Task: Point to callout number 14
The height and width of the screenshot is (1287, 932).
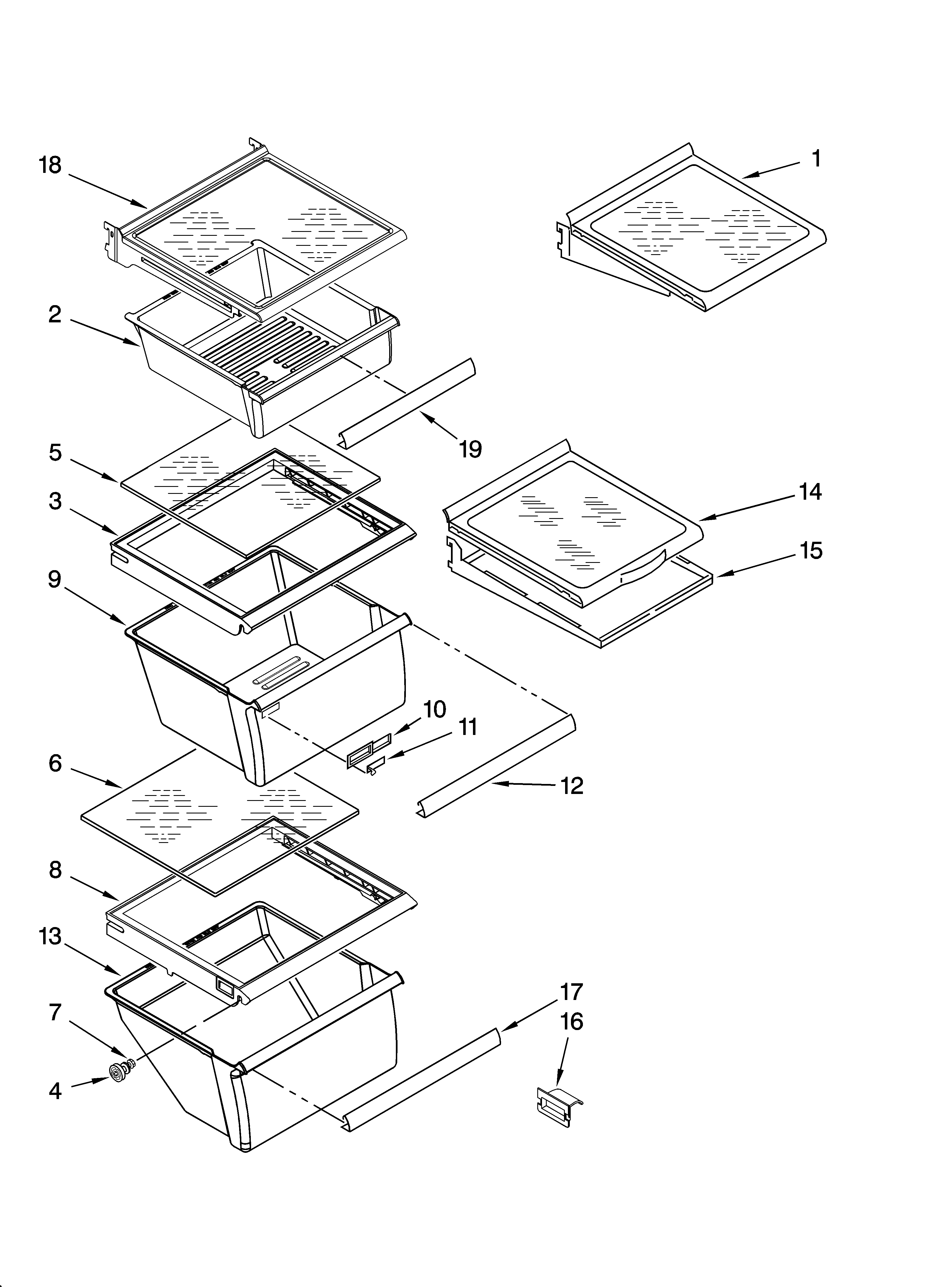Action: pyautogui.click(x=810, y=491)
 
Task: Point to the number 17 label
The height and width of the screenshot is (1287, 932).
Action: pyautogui.click(x=572, y=992)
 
